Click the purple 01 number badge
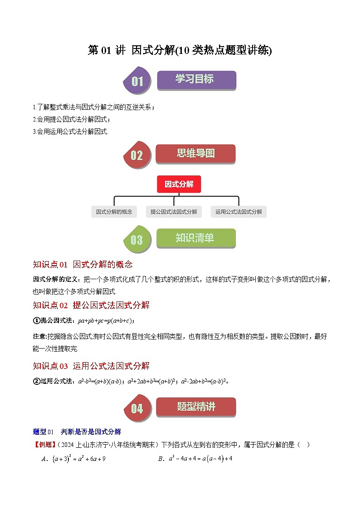(136, 82)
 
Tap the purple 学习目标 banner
(196, 80)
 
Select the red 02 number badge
(136, 155)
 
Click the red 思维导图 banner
(195, 154)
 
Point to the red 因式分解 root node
(179, 184)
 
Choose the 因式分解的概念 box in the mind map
(114, 212)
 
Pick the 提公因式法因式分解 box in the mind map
(174, 212)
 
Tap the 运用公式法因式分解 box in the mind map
(238, 212)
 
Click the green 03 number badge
(136, 240)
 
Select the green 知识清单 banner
(195, 238)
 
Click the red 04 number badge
(136, 408)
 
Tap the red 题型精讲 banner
(195, 407)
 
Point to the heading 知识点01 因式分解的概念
(83, 265)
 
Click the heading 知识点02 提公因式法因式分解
(91, 305)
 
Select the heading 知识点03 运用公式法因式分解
(91, 366)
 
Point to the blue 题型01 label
(44, 431)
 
